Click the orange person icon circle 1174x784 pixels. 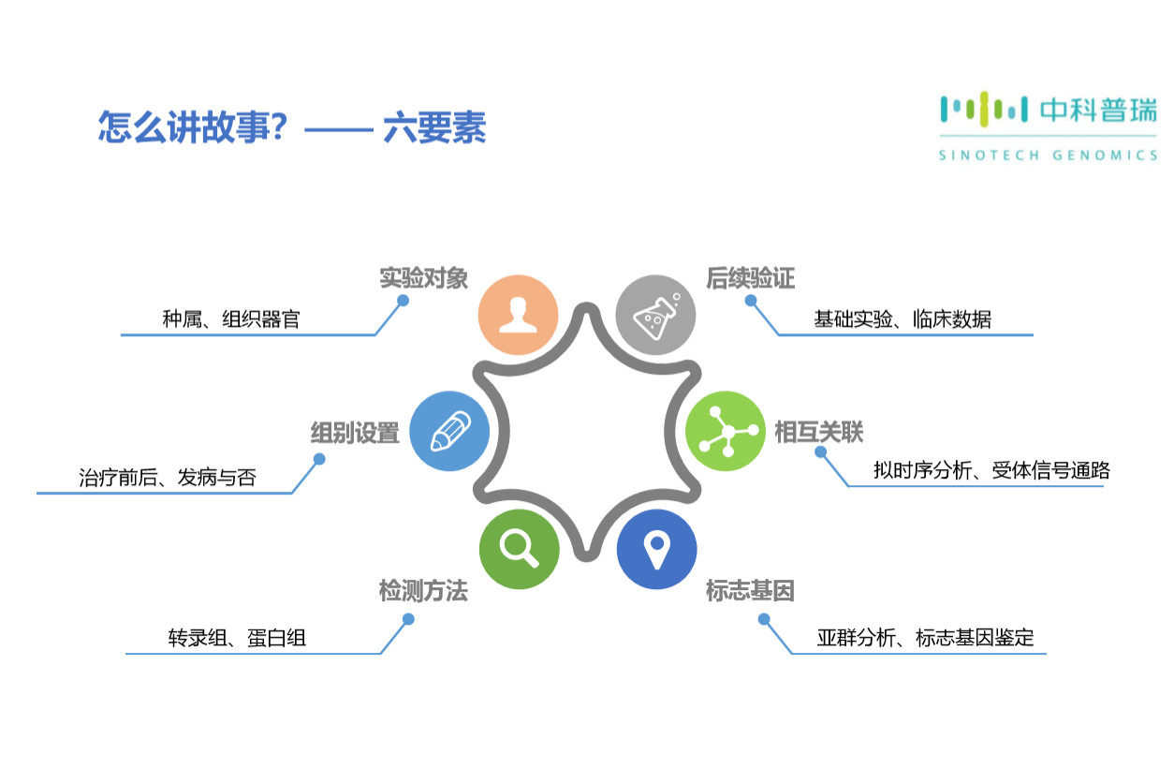click(518, 315)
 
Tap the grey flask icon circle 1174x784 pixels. click(656, 315)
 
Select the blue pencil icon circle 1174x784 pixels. click(449, 431)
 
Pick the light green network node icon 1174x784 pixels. click(726, 431)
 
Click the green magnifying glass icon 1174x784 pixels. click(519, 549)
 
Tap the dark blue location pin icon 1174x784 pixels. click(657, 549)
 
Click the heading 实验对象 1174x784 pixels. click(423, 278)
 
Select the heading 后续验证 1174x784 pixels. click(750, 278)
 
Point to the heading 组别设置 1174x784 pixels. click(355, 433)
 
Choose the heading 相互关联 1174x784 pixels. click(818, 432)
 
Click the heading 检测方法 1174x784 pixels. click(422, 591)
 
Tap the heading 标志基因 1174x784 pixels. click(750, 591)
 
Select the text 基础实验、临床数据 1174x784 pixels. click(903, 319)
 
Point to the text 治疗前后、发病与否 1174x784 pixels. click(168, 478)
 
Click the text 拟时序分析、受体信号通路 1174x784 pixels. click(991, 470)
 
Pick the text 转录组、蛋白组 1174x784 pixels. click(237, 639)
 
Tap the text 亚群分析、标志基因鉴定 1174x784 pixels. click(925, 639)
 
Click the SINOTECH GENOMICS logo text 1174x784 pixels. click(1049, 155)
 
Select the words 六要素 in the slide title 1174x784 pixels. click(434, 127)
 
